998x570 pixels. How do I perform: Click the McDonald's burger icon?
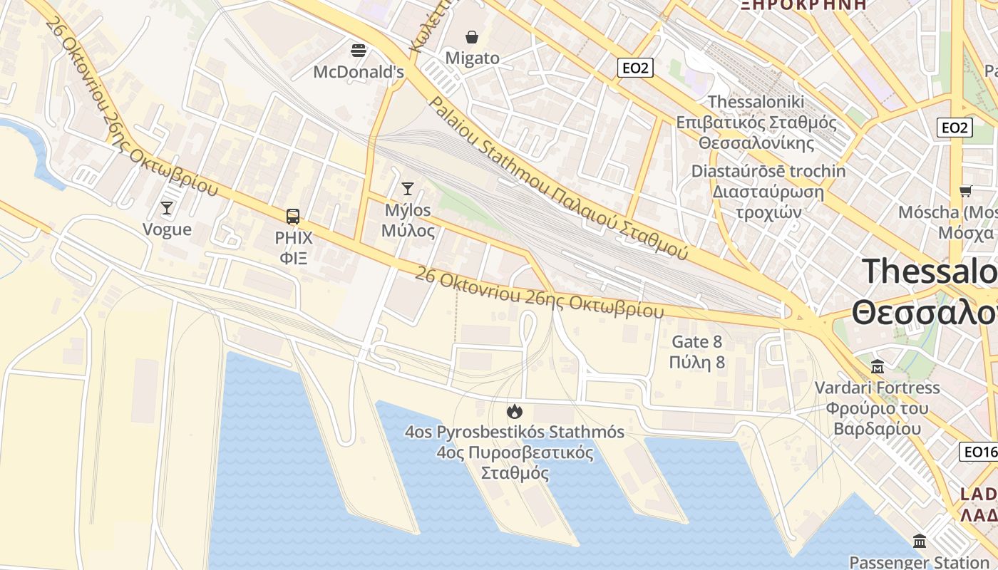(359, 50)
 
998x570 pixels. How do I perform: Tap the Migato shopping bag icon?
(472, 36)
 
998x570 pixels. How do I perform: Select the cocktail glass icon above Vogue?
(167, 208)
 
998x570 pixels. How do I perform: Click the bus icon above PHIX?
(293, 217)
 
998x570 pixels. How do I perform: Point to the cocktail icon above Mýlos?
(408, 189)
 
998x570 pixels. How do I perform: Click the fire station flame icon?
(514, 411)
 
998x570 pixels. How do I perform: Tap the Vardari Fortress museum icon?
(878, 367)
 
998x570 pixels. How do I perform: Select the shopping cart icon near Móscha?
(966, 191)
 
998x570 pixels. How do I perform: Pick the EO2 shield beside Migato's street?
(634, 68)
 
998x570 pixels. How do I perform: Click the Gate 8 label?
(697, 341)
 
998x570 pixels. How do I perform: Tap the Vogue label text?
(167, 229)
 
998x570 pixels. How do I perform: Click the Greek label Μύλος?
(408, 231)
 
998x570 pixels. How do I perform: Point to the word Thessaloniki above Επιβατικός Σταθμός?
(756, 101)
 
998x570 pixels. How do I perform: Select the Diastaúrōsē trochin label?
(768, 171)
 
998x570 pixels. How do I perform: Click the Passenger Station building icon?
(920, 541)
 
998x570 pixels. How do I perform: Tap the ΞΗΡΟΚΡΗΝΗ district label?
(803, 4)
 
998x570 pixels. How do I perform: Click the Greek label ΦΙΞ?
(293, 257)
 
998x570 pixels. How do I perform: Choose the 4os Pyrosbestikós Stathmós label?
(514, 432)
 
